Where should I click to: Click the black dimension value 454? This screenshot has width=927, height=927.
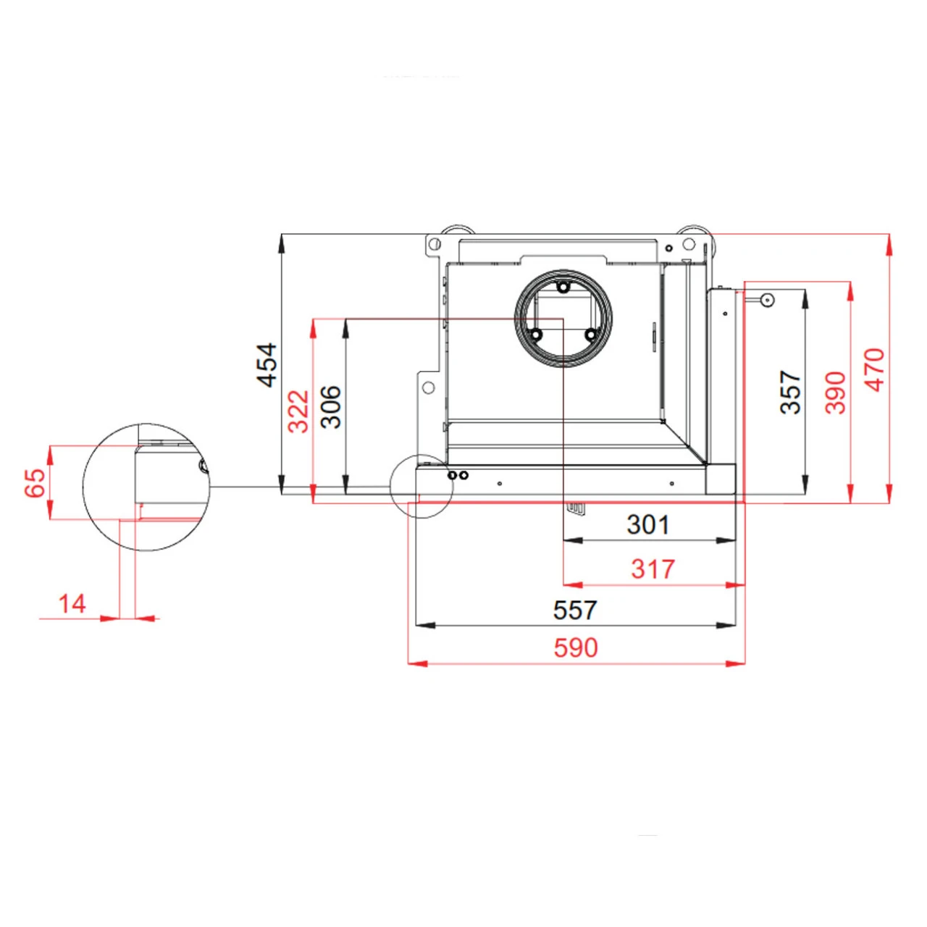pyautogui.click(x=267, y=365)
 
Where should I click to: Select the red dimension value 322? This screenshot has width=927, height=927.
pyautogui.click(x=298, y=411)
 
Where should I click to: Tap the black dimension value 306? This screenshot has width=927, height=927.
pyautogui.click(x=331, y=407)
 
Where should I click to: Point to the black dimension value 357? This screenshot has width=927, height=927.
pyautogui.click(x=790, y=392)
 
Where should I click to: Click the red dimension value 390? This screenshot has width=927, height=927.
pyautogui.click(x=836, y=393)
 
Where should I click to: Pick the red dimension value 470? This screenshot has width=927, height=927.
pyautogui.click(x=875, y=370)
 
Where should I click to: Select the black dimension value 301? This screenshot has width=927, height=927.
pyautogui.click(x=648, y=525)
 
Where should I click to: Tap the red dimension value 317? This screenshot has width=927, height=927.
pyautogui.click(x=653, y=569)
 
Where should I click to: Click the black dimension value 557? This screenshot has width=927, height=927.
pyautogui.click(x=575, y=610)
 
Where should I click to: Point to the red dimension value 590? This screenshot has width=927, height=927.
pyautogui.click(x=576, y=647)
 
